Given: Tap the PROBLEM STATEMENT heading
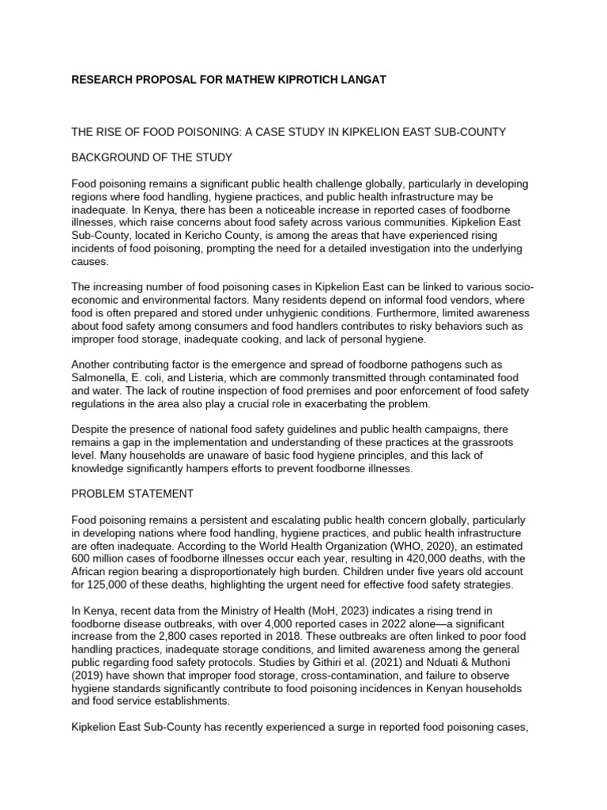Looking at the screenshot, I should [133, 494].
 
